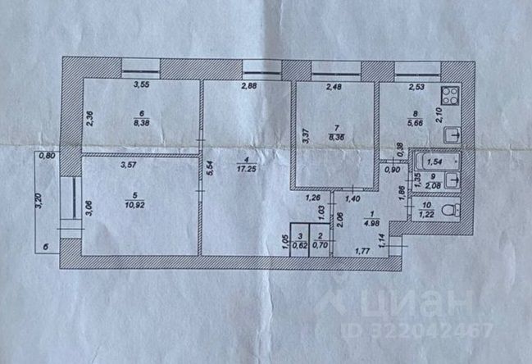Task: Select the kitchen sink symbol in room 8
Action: [452, 134]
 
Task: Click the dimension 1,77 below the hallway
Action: [363, 252]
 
